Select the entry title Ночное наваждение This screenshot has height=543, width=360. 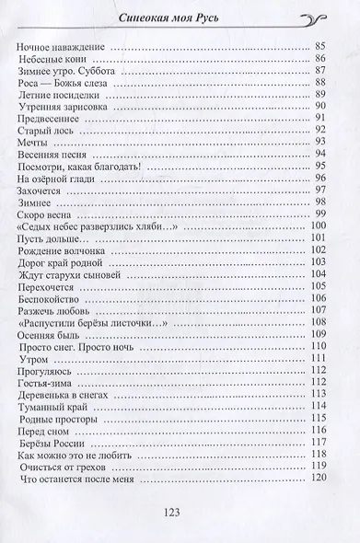(64, 45)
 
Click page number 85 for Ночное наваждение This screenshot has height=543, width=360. (320, 45)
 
